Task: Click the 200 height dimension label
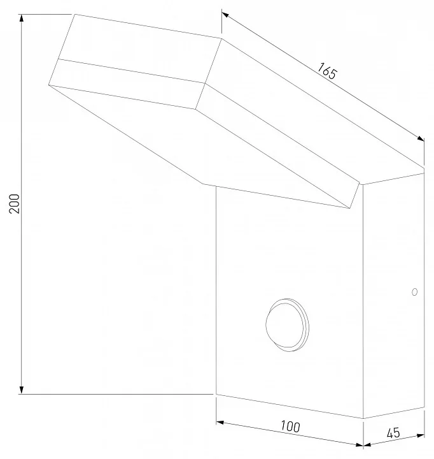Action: click(x=15, y=204)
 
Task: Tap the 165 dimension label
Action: click(x=327, y=71)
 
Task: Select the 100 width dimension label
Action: click(x=290, y=426)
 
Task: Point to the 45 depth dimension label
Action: click(x=393, y=433)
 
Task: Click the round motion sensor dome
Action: click(x=287, y=325)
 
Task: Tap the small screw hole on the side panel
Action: click(x=414, y=292)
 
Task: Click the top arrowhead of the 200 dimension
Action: click(x=21, y=18)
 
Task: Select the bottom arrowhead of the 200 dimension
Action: click(x=21, y=390)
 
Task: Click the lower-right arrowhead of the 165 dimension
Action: click(x=421, y=139)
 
